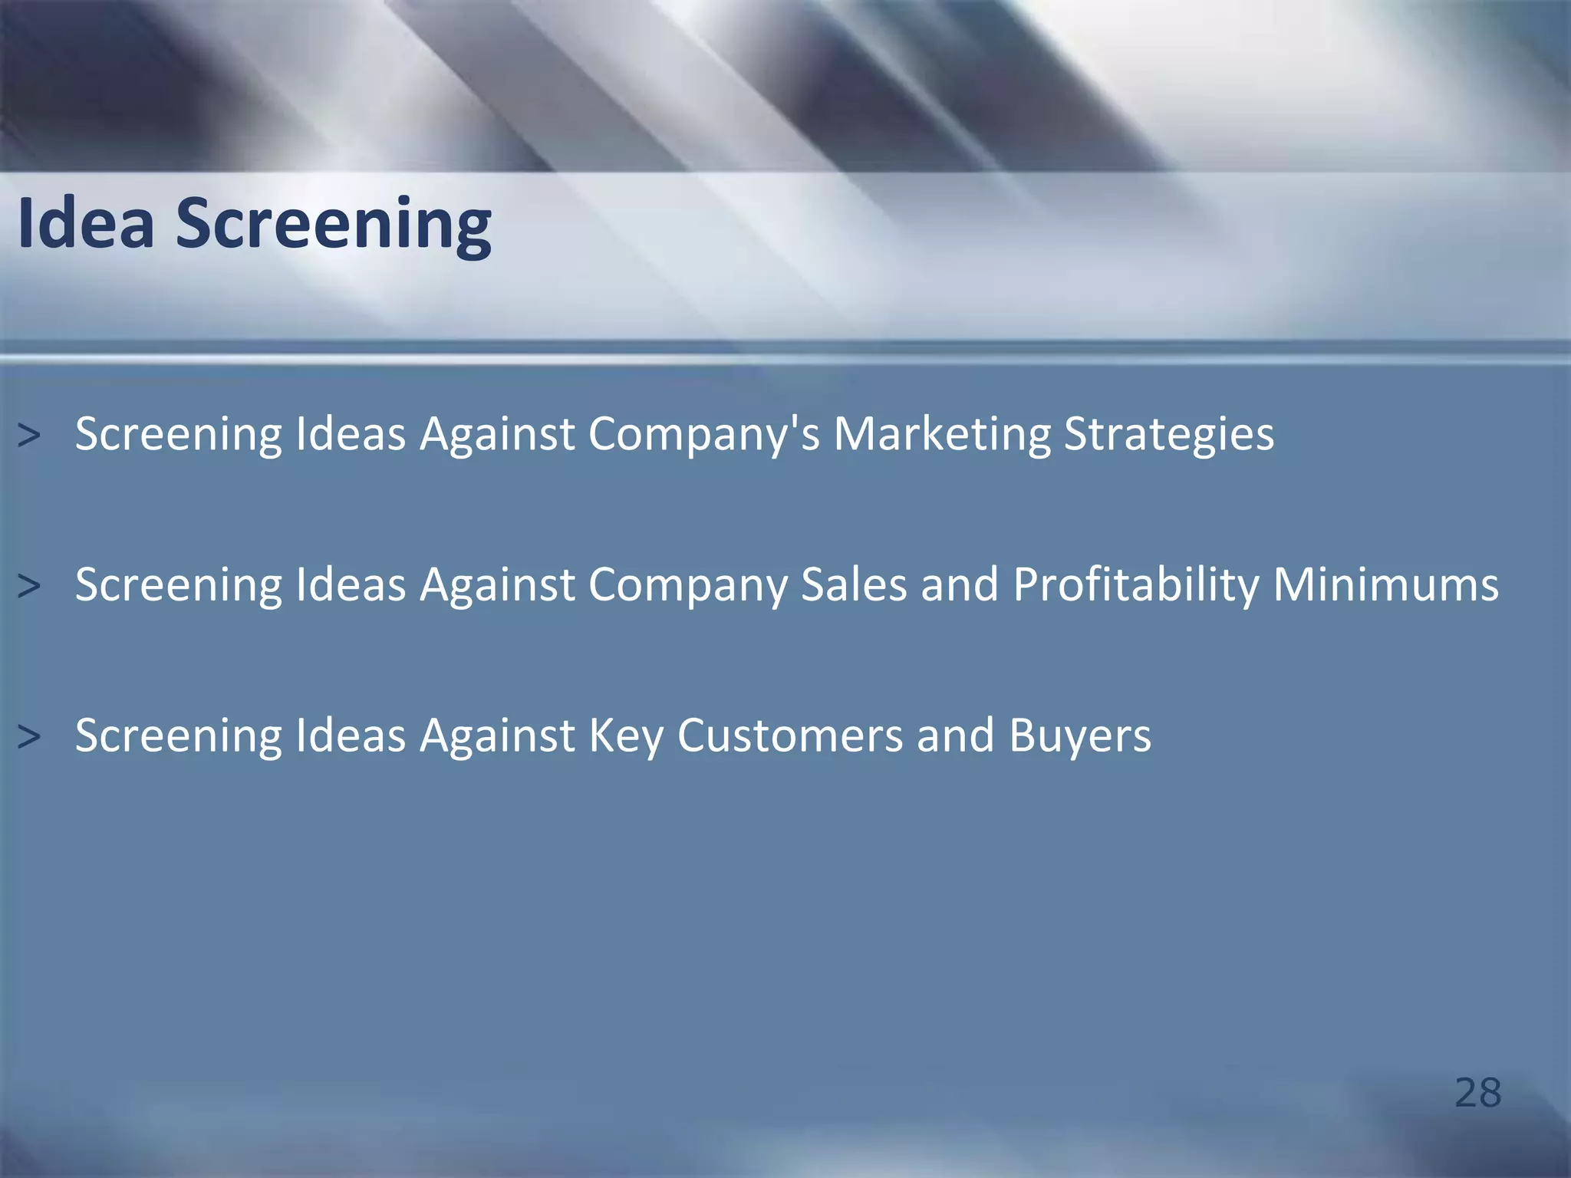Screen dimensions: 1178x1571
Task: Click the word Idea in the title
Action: tap(86, 223)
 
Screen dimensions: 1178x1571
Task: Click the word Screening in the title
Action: tap(334, 225)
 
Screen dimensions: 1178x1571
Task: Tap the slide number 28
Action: tap(1477, 1093)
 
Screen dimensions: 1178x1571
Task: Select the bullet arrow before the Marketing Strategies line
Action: tap(29, 436)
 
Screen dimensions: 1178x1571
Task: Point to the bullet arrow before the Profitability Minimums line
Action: tap(29, 586)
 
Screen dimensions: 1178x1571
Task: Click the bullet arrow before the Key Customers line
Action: tap(29, 737)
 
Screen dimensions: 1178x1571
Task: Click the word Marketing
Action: tap(941, 435)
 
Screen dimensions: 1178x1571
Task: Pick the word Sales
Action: tap(854, 585)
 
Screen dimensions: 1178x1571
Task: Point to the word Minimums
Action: tap(1385, 585)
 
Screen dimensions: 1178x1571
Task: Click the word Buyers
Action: tap(1080, 736)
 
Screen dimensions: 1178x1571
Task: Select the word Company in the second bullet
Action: tap(688, 585)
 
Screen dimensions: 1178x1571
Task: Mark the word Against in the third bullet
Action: tap(497, 736)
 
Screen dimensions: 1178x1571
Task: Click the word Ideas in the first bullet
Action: tap(351, 435)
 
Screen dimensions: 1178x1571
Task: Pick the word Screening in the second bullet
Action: tap(179, 585)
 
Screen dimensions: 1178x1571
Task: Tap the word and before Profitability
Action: tap(960, 585)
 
